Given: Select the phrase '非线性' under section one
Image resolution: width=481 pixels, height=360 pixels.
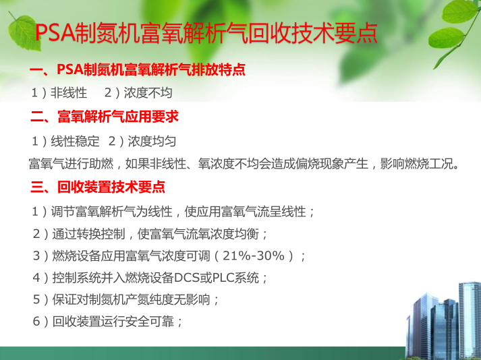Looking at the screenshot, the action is (69, 92).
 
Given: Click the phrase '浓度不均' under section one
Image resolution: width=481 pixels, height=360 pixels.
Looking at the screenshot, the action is (148, 92).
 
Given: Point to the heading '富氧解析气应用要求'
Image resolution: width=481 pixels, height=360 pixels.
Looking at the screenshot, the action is (118, 117).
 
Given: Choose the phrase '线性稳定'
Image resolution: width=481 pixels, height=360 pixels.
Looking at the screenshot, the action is (75, 141).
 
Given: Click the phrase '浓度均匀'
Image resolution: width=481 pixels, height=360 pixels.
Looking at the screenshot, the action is (152, 141).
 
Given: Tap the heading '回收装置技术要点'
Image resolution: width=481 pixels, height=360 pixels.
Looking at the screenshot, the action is (111, 187).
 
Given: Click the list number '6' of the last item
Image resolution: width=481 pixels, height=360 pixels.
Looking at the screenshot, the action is (36, 322).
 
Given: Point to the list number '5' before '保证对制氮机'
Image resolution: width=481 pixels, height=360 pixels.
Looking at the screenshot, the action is (36, 299).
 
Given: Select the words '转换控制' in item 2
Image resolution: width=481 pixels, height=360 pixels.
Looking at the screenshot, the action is (101, 234).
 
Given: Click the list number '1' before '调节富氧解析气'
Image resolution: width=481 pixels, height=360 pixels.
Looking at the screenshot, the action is (35, 212).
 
